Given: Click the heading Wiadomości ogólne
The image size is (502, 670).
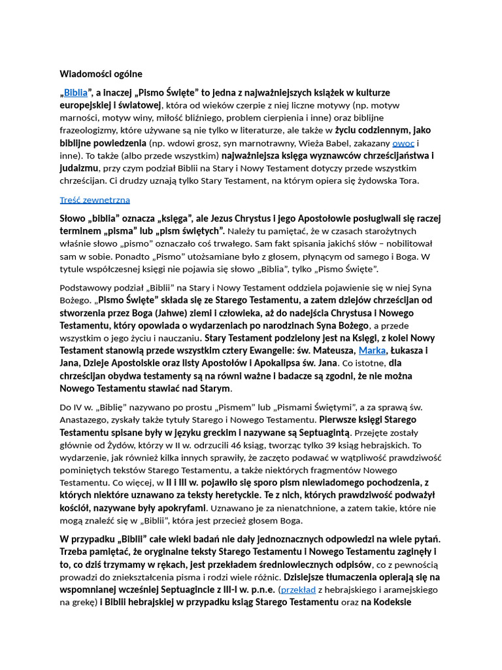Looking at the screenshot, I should [x=101, y=74].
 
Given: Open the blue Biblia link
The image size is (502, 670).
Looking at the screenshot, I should [x=75, y=93].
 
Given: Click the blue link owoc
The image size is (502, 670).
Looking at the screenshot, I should [x=403, y=143].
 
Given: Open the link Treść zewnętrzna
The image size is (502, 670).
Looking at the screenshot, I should [x=95, y=200].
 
